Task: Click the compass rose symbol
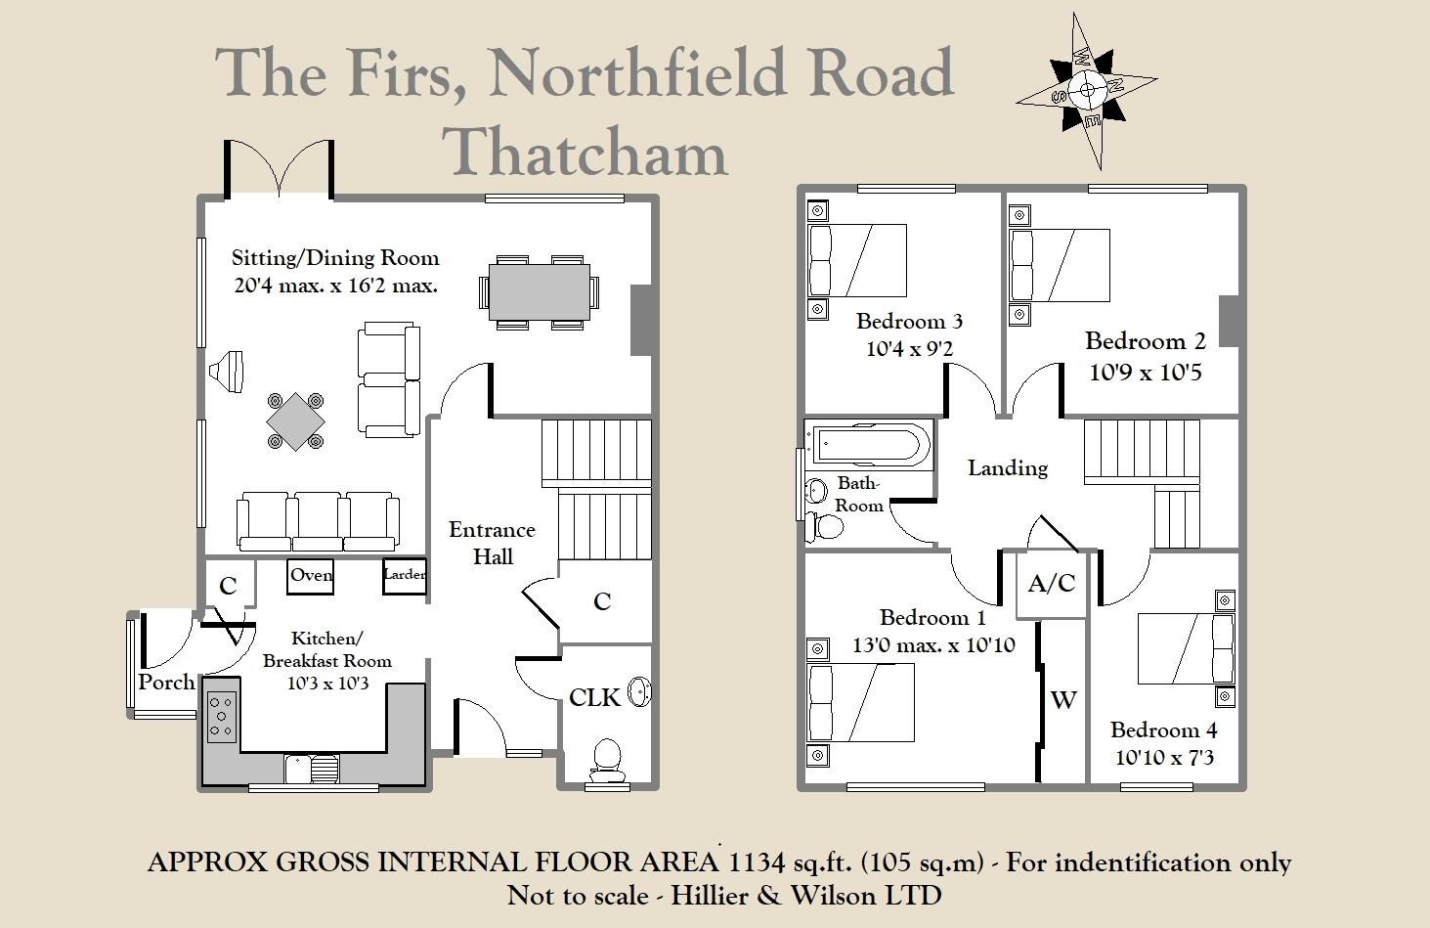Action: pos(1087,91)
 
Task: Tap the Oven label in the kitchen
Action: pos(311,575)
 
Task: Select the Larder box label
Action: pos(404,575)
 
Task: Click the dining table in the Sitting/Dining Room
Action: pos(539,291)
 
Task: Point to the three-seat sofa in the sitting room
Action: pos(318,520)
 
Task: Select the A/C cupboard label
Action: pos(1052,584)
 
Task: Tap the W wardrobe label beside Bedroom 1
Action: pos(1063,699)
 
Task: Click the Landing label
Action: pos(1008,468)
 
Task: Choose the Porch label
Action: pos(166,682)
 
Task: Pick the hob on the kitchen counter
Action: pos(222,717)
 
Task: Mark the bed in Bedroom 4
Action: pos(1185,647)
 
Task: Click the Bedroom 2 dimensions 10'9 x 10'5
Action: pos(1146,373)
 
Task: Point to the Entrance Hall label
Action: pos(492,543)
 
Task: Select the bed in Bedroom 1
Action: pos(860,701)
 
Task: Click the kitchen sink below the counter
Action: pos(311,770)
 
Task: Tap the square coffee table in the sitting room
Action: pos(295,421)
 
